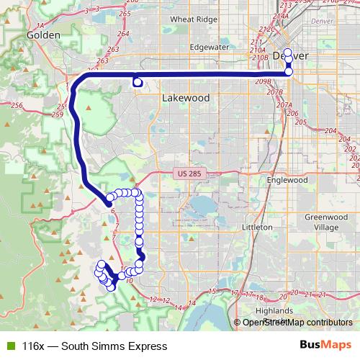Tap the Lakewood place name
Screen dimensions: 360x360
point(186,97)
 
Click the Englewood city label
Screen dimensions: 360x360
point(287,180)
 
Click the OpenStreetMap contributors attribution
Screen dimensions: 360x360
point(297,323)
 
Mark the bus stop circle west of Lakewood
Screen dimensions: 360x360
point(137,83)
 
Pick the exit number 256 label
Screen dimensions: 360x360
point(17,106)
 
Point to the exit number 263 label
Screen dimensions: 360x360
point(112,50)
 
